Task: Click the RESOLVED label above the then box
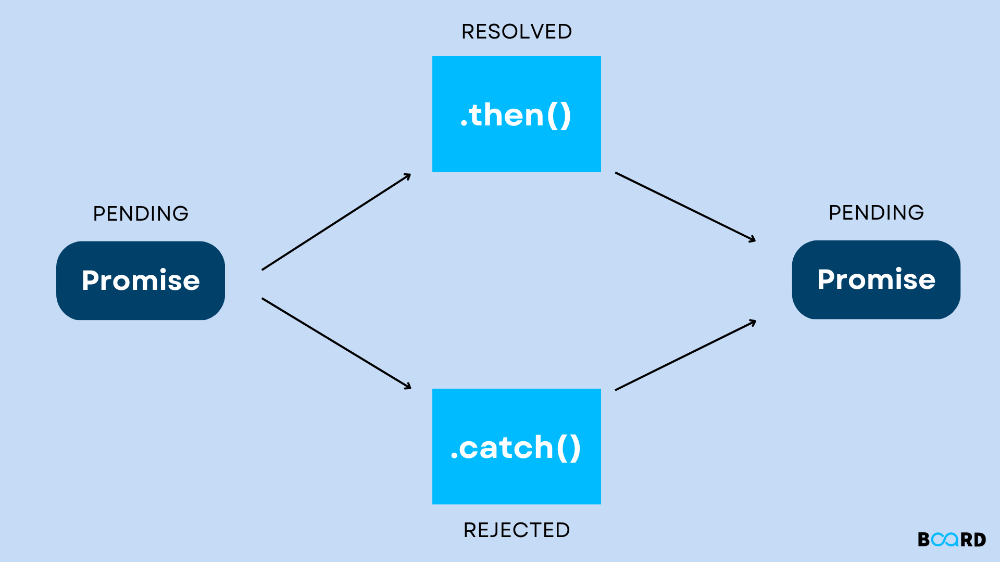(x=517, y=32)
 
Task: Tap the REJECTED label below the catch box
(x=517, y=530)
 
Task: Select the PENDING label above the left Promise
(x=141, y=213)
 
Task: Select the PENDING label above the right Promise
(x=876, y=212)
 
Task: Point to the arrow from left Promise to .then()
(x=336, y=222)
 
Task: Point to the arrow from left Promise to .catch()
(x=336, y=343)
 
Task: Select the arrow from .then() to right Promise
(x=685, y=207)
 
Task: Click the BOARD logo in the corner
(x=952, y=540)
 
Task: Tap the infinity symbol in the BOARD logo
(x=945, y=540)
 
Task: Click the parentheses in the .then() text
(x=559, y=116)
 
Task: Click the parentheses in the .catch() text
(x=568, y=448)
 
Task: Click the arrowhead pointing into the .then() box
(x=408, y=176)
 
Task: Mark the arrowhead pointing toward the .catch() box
(x=408, y=386)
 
